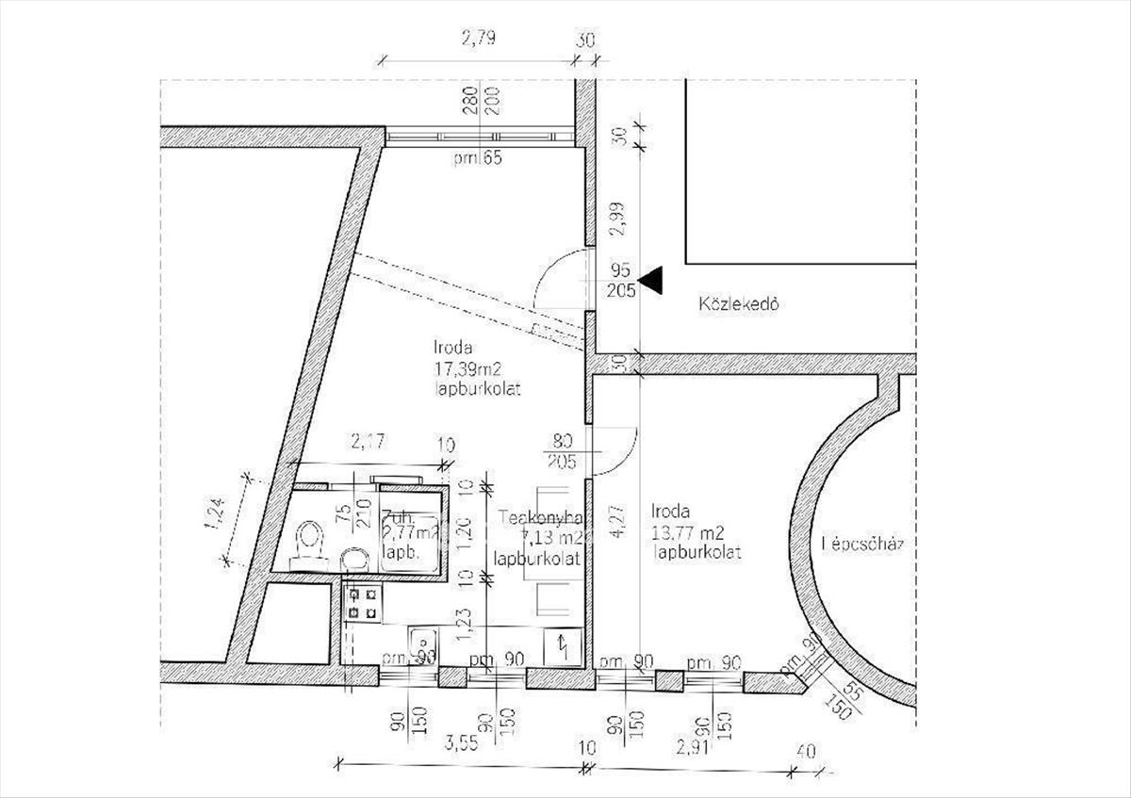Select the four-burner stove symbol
(x=363, y=604)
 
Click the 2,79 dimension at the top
(x=477, y=40)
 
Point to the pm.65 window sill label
(x=476, y=158)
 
